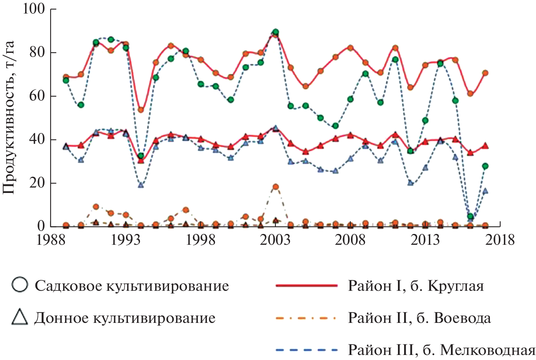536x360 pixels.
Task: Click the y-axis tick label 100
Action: coord(34,9)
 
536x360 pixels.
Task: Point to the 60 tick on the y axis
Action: coord(38,96)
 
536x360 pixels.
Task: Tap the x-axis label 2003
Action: coord(275,240)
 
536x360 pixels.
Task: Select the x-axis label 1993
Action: coord(125,240)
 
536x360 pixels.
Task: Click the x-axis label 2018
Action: coord(500,240)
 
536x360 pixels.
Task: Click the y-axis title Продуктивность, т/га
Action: coord(9,117)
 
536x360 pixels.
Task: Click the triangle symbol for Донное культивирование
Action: coord(19,317)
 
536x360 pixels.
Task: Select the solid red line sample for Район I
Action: coord(306,286)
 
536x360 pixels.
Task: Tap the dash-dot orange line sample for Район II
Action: coord(306,318)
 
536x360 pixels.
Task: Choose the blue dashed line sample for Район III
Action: coord(306,350)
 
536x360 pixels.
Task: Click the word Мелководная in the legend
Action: coord(488,350)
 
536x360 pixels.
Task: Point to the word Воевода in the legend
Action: coord(462,318)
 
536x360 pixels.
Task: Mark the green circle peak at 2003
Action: coord(275,32)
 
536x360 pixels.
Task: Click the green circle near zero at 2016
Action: coord(470,217)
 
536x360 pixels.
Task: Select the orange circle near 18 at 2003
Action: coord(275,187)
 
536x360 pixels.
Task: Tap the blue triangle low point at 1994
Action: coord(141,185)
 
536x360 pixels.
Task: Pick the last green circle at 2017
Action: coord(485,166)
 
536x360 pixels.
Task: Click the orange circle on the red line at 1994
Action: coord(141,110)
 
